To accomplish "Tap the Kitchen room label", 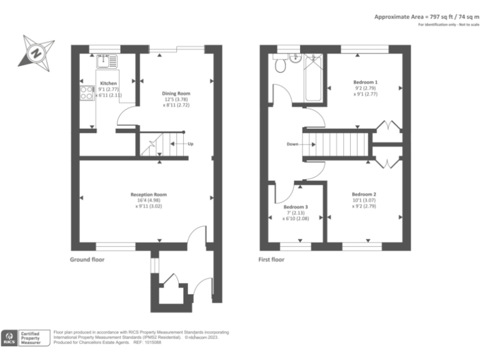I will point(108,83).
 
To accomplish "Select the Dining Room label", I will point(176,94).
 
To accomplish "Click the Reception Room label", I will point(148,194).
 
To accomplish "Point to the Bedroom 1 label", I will point(365,82).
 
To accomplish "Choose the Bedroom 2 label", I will point(364,194).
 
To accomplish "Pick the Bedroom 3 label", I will point(295,207).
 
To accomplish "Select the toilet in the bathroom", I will point(280,65).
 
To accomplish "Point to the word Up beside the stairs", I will point(191,144).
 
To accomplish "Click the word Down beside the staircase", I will point(292,144).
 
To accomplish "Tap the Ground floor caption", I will point(87,259).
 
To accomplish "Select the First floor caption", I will point(271,259).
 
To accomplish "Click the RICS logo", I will point(11,338).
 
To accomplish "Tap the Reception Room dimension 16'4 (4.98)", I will point(148,201).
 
